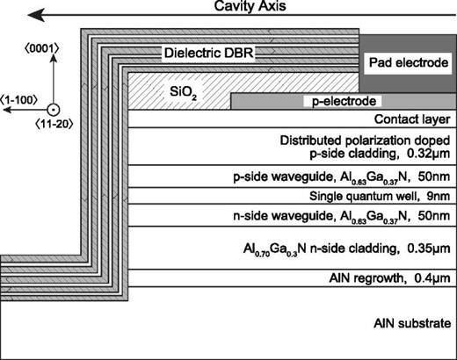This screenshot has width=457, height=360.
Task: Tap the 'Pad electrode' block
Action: [x=405, y=64]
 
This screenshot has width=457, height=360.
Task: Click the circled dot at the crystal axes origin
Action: [x=53, y=109]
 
